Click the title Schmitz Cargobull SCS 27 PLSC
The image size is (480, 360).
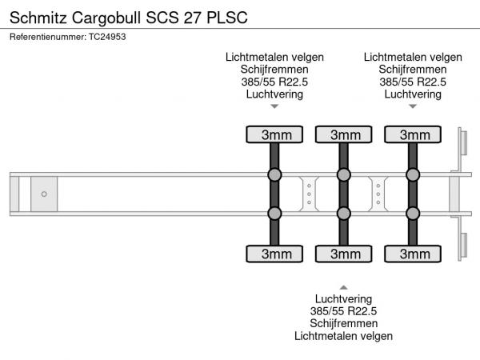click(x=118, y=15)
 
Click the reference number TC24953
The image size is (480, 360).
click(x=68, y=36)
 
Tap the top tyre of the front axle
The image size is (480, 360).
click(x=274, y=134)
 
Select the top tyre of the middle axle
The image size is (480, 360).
click(x=344, y=134)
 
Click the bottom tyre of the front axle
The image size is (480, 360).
click(x=274, y=254)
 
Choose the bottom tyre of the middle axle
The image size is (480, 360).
click(x=344, y=254)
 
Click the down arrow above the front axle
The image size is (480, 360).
click(x=274, y=106)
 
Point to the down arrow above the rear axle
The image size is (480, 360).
click(x=413, y=106)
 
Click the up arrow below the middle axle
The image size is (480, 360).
click(x=344, y=286)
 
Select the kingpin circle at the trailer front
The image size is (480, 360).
click(x=44, y=194)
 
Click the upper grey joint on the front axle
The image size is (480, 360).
click(x=274, y=175)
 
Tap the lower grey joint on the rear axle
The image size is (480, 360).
click(x=413, y=213)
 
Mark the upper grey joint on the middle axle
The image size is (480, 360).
click(x=344, y=175)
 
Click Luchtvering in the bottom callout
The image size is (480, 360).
click(x=344, y=298)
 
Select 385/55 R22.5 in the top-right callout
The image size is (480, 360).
click(x=413, y=82)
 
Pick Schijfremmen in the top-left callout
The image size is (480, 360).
click(x=274, y=69)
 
